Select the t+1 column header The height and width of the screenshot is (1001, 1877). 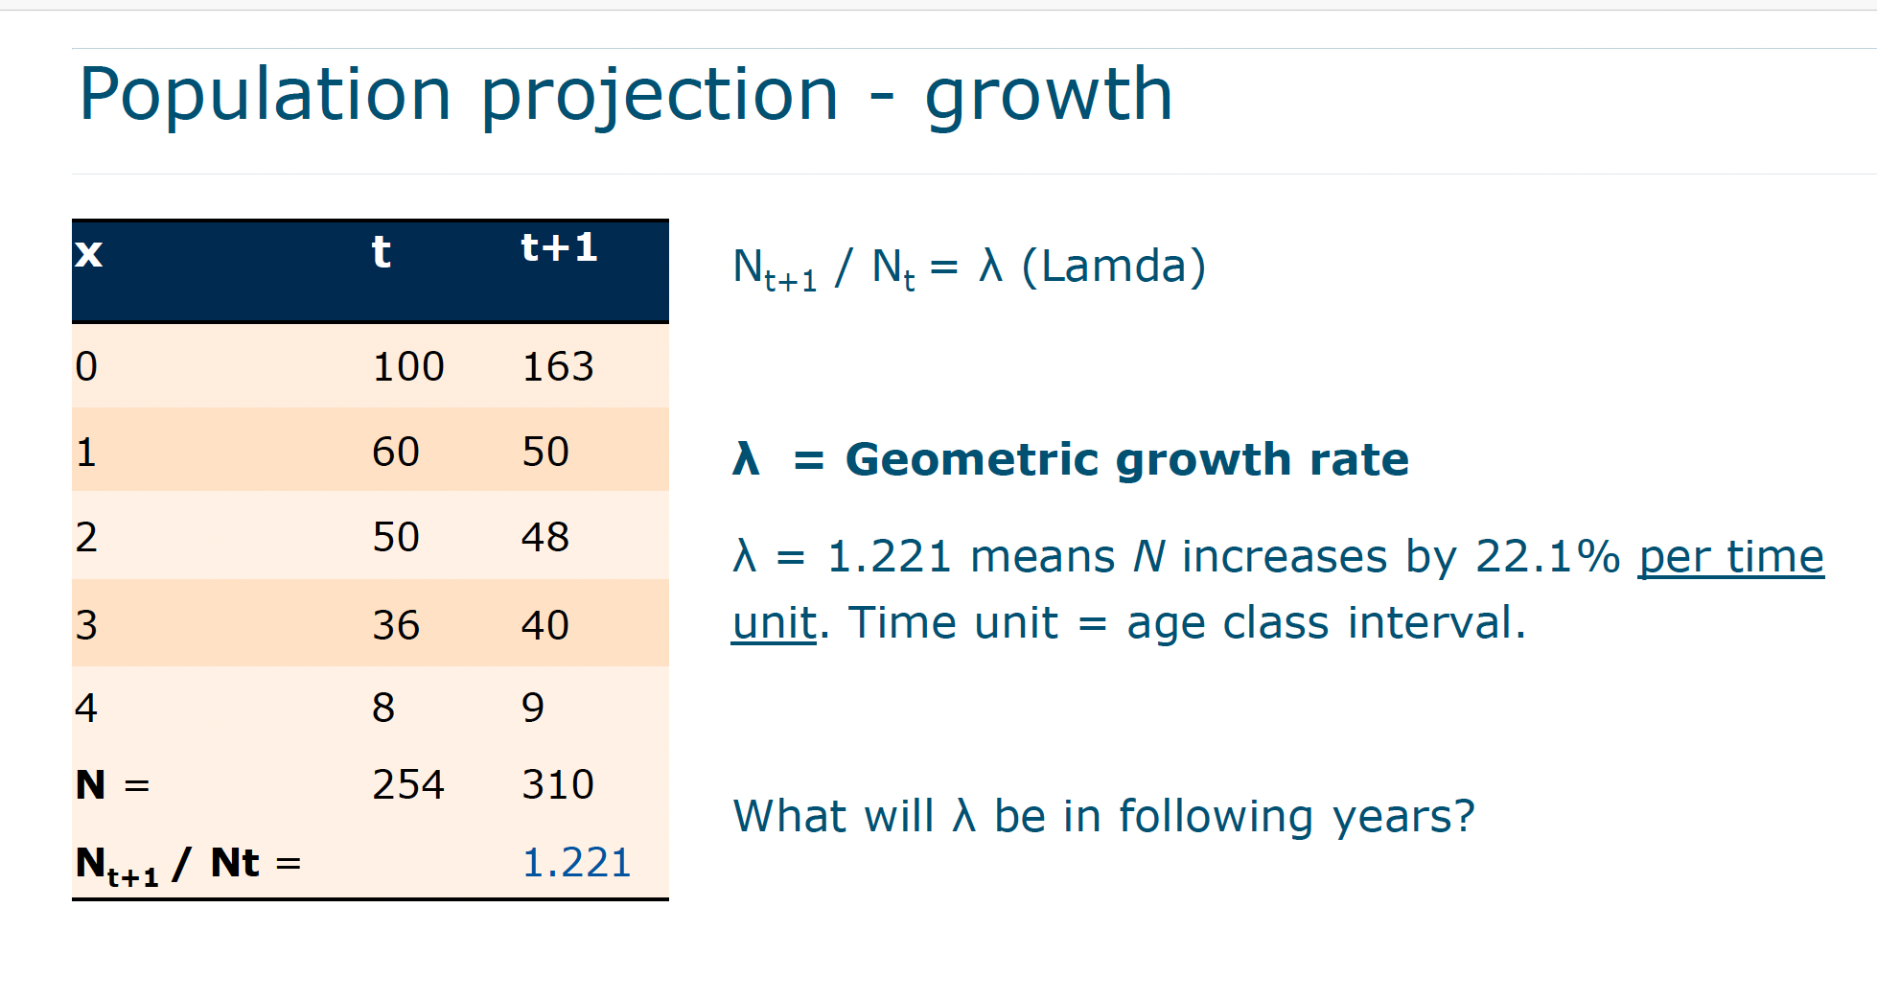click(x=559, y=248)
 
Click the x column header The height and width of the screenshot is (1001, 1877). click(x=89, y=253)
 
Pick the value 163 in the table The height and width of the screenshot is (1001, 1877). click(x=558, y=367)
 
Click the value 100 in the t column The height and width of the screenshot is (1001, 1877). click(x=408, y=367)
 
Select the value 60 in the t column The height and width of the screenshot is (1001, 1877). click(x=396, y=452)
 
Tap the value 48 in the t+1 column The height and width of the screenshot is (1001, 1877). click(x=545, y=537)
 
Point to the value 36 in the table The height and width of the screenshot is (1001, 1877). click(x=396, y=625)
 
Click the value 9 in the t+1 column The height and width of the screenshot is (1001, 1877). click(x=533, y=708)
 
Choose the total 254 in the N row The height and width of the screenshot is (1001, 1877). click(x=408, y=785)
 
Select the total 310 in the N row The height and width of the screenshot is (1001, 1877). click(x=558, y=785)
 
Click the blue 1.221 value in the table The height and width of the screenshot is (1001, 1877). click(x=577, y=863)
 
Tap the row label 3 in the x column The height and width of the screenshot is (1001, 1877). click(x=86, y=625)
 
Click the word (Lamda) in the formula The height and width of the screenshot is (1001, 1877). click(x=1114, y=267)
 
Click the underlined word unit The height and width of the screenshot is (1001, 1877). click(x=775, y=623)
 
